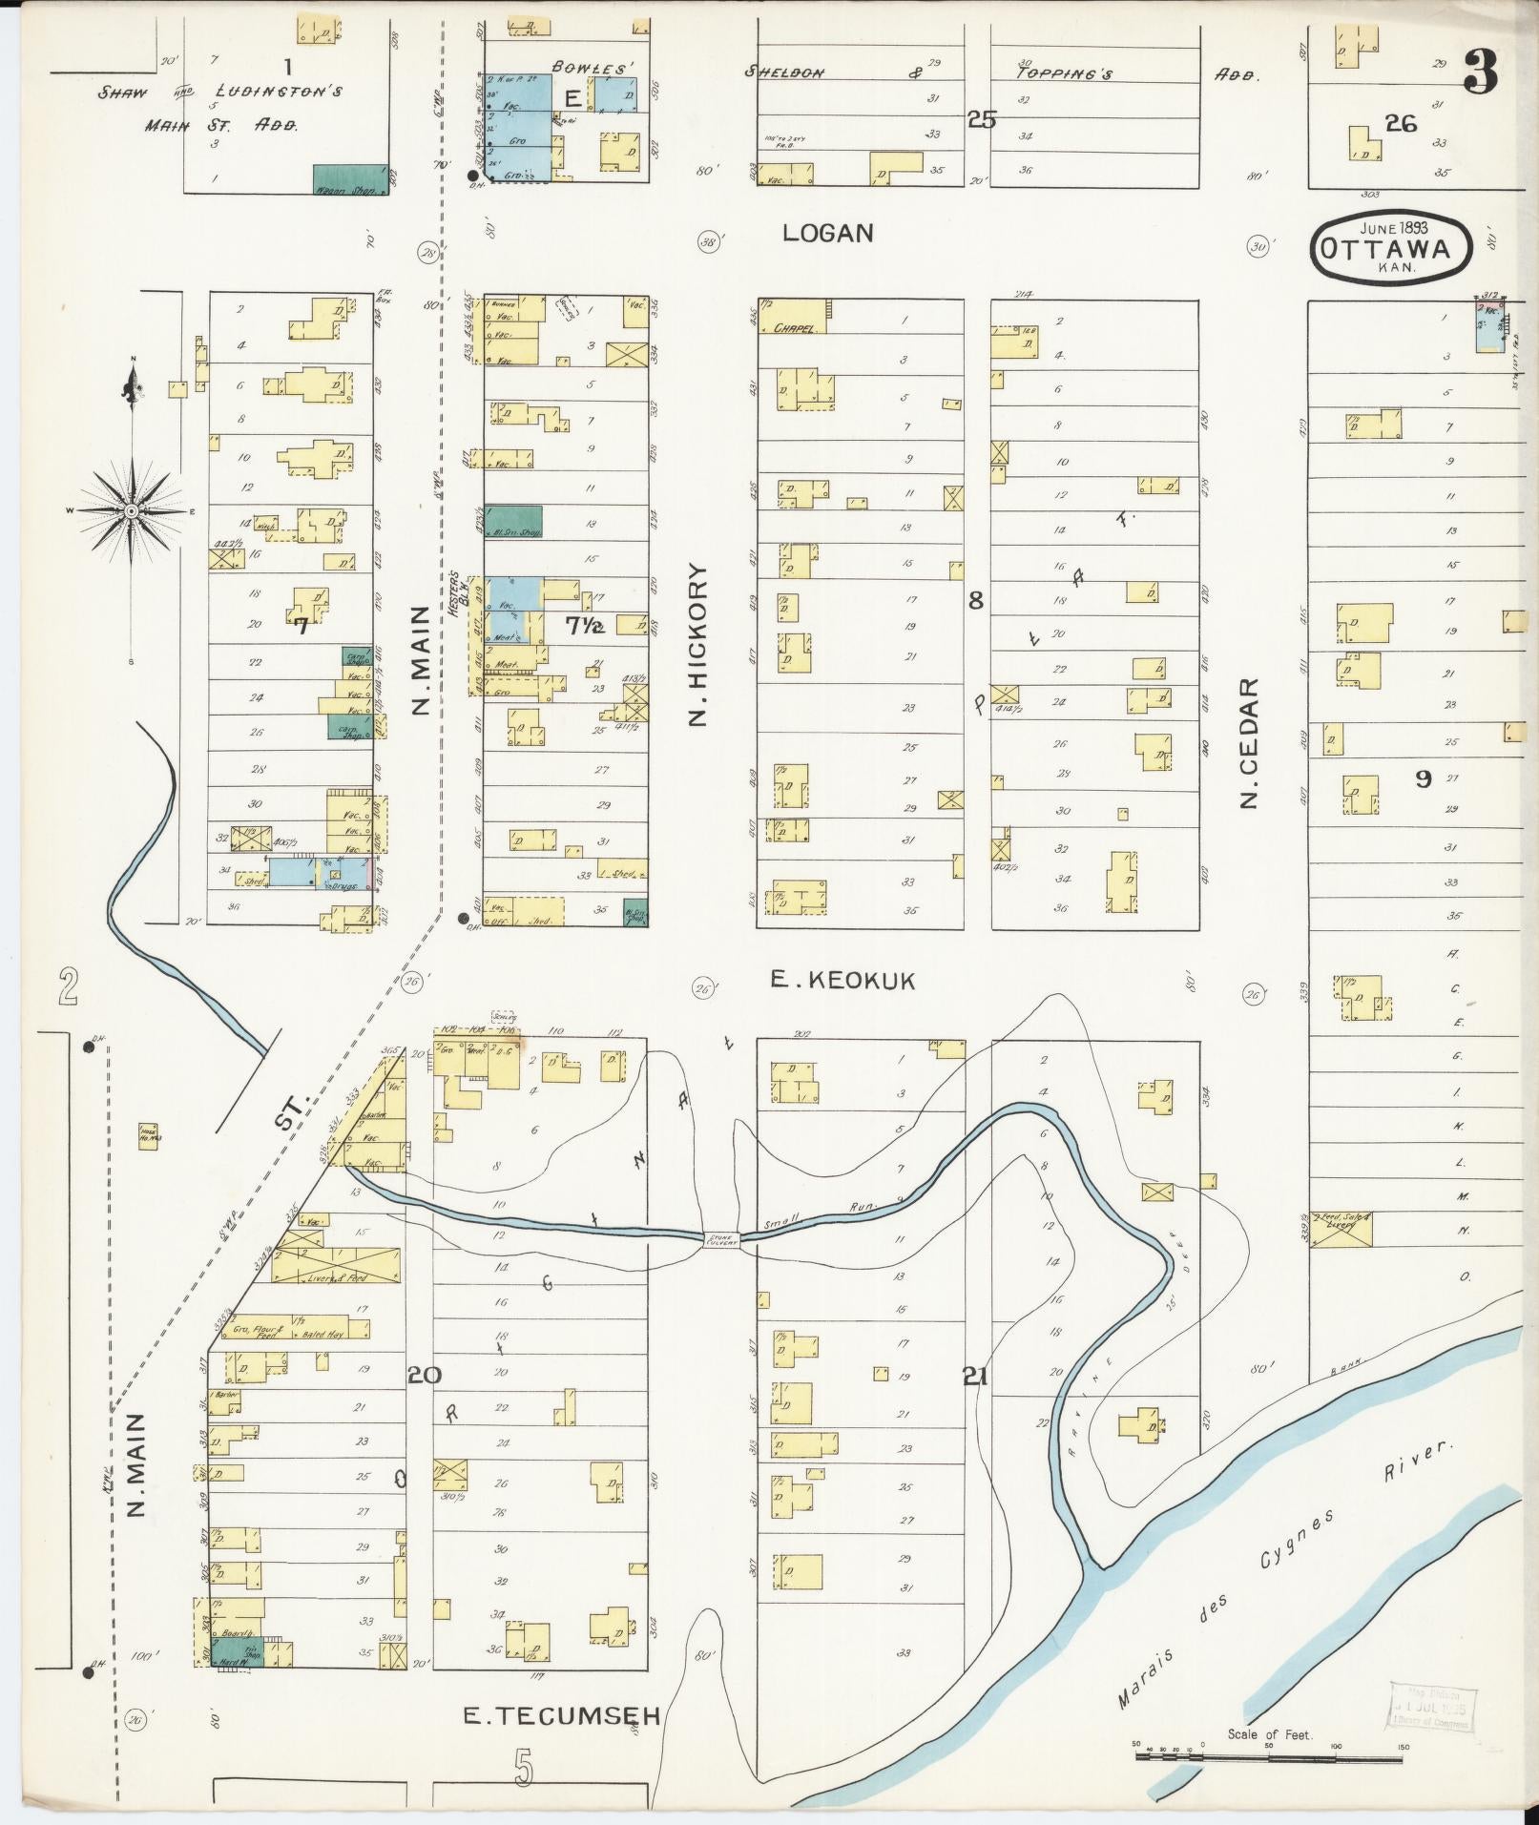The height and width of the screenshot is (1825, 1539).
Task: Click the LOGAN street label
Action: click(x=827, y=233)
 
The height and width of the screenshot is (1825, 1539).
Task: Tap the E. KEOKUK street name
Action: click(x=842, y=980)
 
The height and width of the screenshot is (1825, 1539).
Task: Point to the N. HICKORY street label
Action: click(x=698, y=645)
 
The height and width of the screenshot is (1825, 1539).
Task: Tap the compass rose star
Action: click(x=132, y=511)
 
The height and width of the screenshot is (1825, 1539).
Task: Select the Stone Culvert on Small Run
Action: click(x=721, y=1239)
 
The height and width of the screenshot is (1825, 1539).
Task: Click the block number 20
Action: click(x=426, y=1375)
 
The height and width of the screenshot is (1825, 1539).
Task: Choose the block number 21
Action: click(x=974, y=1377)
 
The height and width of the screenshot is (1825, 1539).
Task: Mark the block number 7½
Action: click(x=584, y=626)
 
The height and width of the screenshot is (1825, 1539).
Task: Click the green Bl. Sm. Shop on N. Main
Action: click(x=513, y=521)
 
